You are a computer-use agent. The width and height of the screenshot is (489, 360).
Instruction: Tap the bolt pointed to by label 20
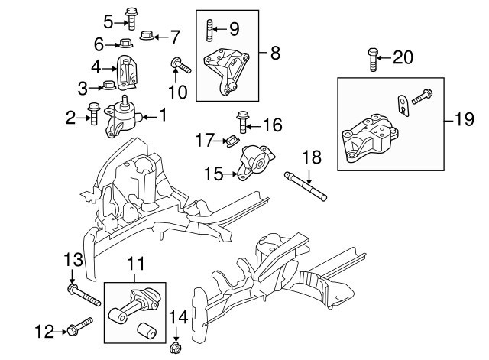pyautogui.click(x=372, y=60)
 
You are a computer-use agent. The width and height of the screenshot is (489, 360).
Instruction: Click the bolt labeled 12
pyautogui.click(x=79, y=327)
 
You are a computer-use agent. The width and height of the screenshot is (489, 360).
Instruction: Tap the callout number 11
pyautogui.click(x=135, y=264)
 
